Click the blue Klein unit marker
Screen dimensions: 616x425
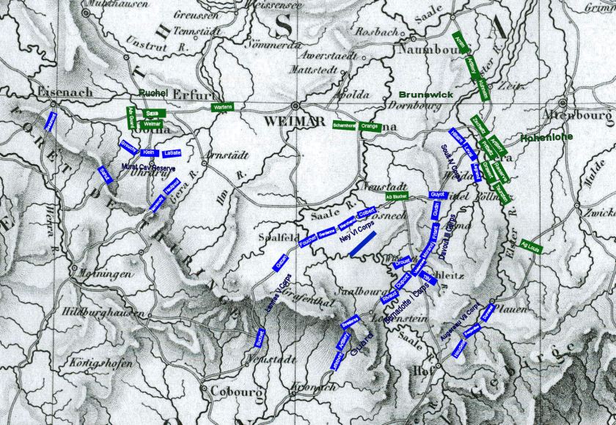tap(147, 152)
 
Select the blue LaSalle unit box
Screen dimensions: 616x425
tap(172, 152)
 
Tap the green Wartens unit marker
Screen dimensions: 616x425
tap(222, 107)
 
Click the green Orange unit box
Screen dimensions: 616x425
tap(370, 126)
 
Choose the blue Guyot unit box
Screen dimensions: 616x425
tap(438, 194)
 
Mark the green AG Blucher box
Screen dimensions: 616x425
tap(396, 198)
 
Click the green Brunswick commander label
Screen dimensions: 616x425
tap(427, 95)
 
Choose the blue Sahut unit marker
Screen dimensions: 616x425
tap(104, 174)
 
